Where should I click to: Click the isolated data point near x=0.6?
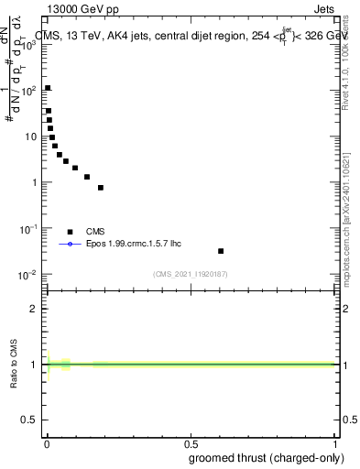click(221, 250)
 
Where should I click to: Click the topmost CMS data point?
click(48, 88)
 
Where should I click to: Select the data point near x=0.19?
click(101, 187)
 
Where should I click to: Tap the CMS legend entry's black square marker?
click(70, 232)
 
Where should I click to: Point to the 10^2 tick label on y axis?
click(31, 91)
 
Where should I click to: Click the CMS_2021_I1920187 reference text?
click(190, 274)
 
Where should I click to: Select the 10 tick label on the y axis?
click(32, 136)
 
